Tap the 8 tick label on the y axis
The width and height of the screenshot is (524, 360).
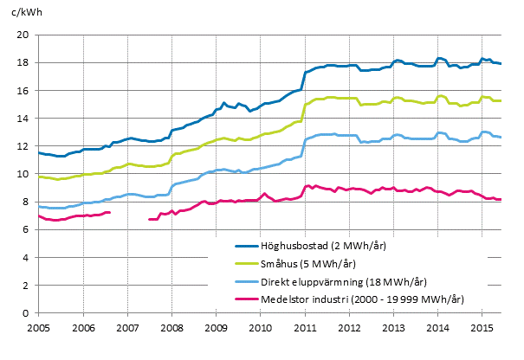(x=28, y=202)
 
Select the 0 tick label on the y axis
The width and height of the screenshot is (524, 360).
(x=28, y=313)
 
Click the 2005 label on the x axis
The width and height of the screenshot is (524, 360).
(x=39, y=328)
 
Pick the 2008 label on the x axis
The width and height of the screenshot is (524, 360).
(x=171, y=328)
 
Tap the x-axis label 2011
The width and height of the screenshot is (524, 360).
(x=304, y=328)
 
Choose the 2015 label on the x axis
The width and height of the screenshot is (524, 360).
(x=481, y=328)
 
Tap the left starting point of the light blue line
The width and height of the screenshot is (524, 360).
(x=39, y=206)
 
